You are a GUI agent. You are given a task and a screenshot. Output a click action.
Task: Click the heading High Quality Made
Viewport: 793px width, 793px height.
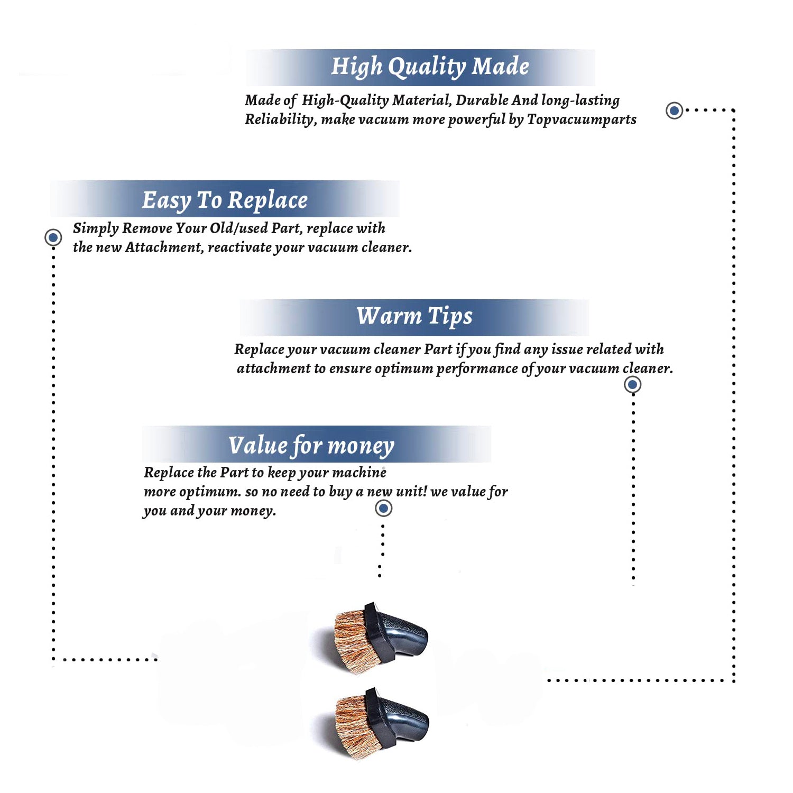[x=430, y=67]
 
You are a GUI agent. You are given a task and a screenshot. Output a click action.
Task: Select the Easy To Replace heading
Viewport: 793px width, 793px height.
[x=225, y=200]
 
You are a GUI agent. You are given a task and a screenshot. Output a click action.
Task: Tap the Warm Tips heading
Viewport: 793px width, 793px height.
[x=414, y=316]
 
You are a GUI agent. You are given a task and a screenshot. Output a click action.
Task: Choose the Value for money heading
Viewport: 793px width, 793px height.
[x=311, y=446]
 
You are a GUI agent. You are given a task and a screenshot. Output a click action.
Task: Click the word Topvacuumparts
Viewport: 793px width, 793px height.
[x=582, y=120]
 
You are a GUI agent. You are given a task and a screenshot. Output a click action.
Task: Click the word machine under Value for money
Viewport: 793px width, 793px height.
[x=359, y=473]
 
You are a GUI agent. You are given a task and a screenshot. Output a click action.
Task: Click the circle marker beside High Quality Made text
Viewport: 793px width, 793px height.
[x=674, y=110]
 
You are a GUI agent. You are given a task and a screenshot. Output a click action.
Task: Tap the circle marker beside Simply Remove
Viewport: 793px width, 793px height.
[x=53, y=237]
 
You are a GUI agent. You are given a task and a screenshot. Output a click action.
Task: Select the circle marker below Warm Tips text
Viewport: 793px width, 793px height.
[x=633, y=384]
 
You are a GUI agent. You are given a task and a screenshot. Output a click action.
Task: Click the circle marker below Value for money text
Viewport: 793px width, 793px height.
[x=383, y=509]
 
